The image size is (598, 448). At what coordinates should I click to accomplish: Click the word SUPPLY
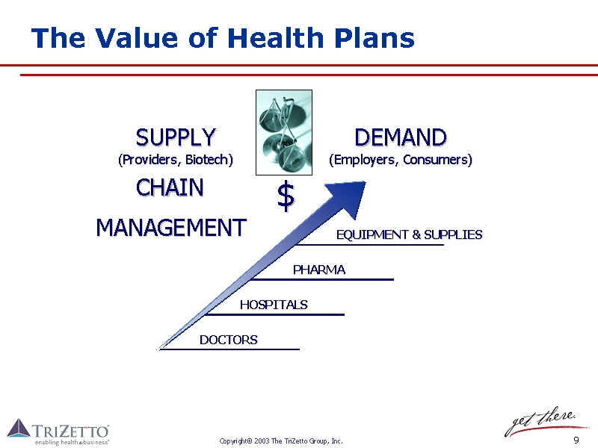tap(176, 137)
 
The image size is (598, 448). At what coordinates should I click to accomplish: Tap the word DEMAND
tap(401, 137)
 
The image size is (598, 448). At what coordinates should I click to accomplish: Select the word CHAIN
tap(170, 187)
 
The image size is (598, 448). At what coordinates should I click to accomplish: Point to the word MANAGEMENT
tap(171, 228)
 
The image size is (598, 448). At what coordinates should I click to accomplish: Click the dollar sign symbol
tap(286, 196)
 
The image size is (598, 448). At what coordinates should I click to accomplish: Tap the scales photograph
tap(284, 133)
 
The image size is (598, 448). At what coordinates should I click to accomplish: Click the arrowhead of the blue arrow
tap(348, 197)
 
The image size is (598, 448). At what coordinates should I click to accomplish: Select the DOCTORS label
tap(229, 340)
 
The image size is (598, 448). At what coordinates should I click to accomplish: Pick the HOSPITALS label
tap(274, 305)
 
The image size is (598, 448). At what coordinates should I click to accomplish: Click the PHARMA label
tap(319, 270)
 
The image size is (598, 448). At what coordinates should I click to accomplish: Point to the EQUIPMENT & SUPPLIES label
tap(409, 234)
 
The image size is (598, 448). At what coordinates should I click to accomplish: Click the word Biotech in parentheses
tap(206, 160)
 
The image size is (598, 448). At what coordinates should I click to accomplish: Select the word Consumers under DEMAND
tap(435, 160)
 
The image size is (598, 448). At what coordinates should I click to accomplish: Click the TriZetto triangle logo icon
tap(19, 428)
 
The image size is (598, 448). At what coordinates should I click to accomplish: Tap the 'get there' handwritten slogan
tap(540, 422)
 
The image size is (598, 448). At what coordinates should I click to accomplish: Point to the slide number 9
tap(576, 441)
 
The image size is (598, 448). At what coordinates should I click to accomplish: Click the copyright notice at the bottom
tap(281, 441)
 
